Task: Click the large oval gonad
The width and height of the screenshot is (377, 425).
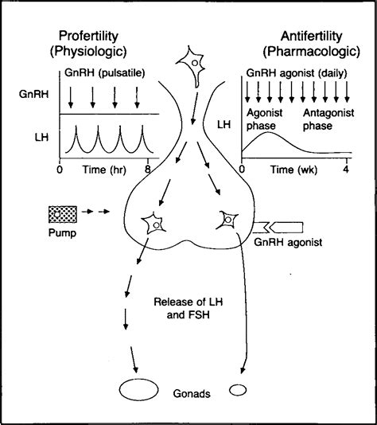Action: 138,391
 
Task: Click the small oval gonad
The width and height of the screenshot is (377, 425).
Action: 238,390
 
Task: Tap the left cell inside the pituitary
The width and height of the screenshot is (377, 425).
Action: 152,223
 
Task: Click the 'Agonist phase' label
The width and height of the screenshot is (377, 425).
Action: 266,119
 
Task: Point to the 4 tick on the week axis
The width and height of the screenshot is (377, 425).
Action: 346,169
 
